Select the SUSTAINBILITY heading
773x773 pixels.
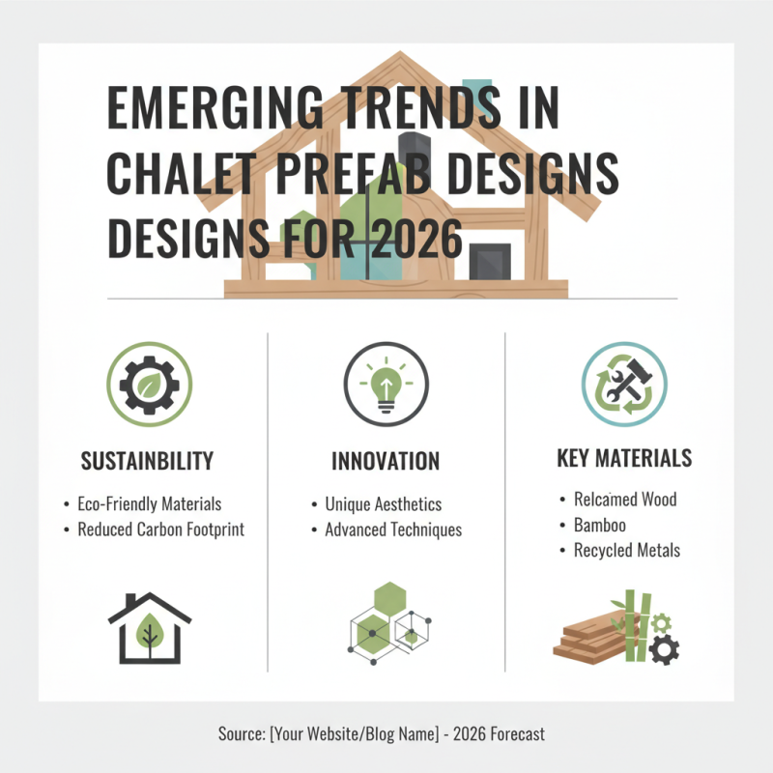coord(147,461)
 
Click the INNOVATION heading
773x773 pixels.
coord(386,461)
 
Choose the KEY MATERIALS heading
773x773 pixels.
coord(624,457)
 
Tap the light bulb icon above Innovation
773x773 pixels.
coord(386,384)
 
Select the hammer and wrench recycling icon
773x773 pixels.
coord(623,384)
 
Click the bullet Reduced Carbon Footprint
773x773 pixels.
coord(160,530)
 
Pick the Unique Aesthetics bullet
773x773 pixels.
coord(383,504)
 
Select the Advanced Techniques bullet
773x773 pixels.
coord(392,530)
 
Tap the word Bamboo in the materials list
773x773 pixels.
coord(599,525)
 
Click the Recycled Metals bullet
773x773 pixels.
coord(626,550)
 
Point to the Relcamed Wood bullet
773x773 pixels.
coord(624,500)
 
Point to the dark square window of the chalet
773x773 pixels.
coord(489,262)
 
